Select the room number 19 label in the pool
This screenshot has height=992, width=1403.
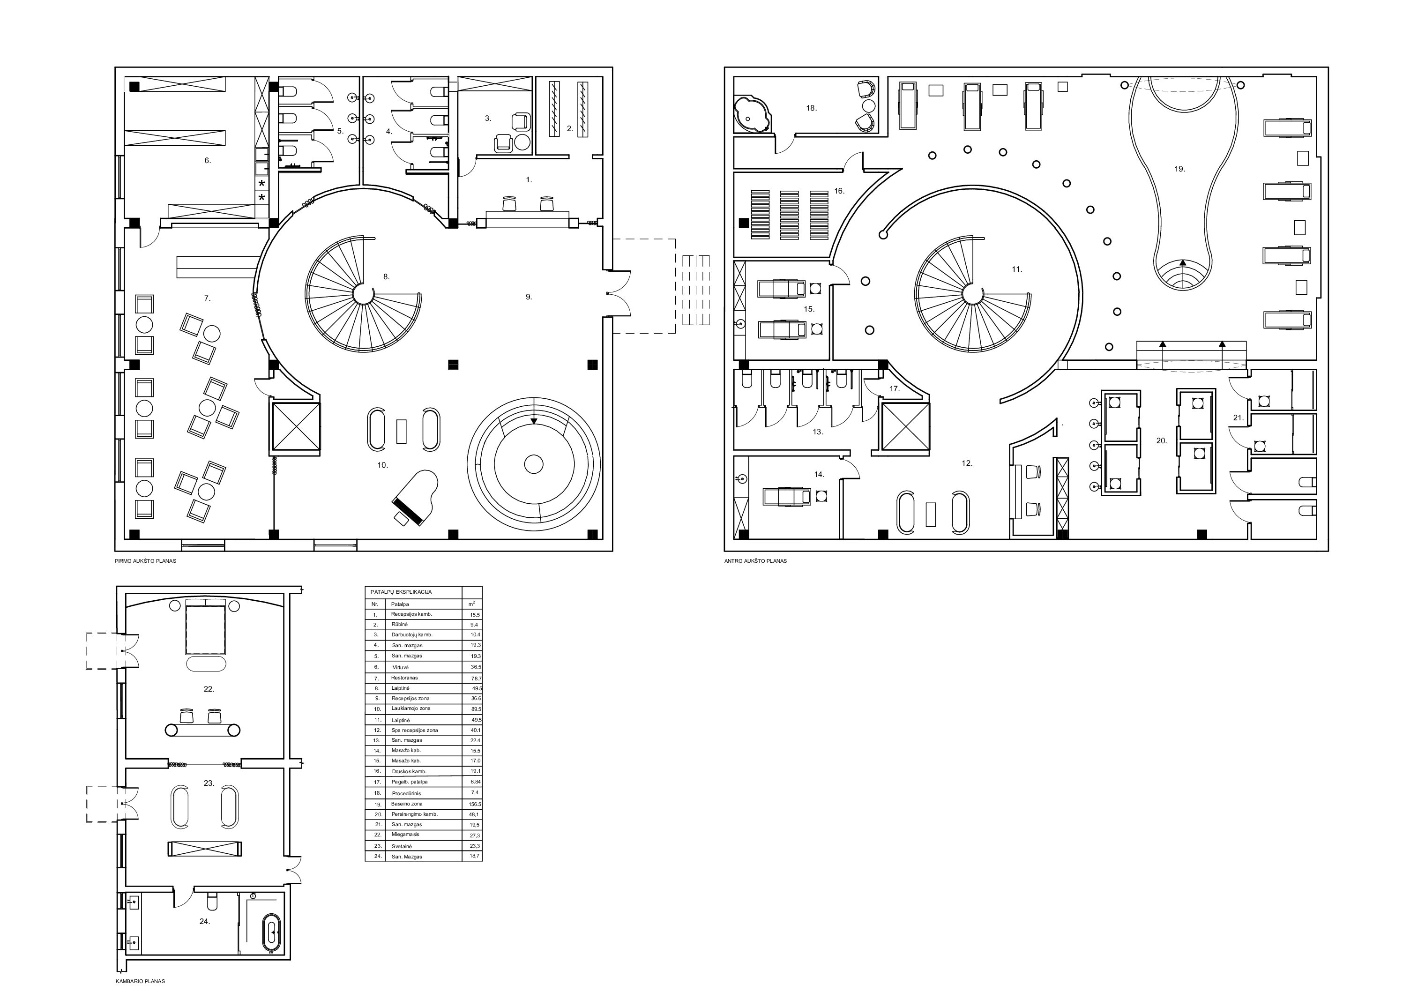point(1179,169)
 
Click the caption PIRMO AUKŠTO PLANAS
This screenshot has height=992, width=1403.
point(145,561)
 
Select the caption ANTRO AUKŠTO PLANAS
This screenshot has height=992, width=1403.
point(755,561)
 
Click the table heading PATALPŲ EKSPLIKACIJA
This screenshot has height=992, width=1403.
point(402,592)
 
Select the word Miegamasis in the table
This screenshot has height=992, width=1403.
point(406,834)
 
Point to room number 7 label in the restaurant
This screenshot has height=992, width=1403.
point(207,298)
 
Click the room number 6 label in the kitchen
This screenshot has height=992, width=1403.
point(207,161)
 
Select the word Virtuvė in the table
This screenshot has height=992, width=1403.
point(400,667)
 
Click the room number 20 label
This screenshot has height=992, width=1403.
point(1162,440)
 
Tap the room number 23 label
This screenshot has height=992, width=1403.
point(209,783)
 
